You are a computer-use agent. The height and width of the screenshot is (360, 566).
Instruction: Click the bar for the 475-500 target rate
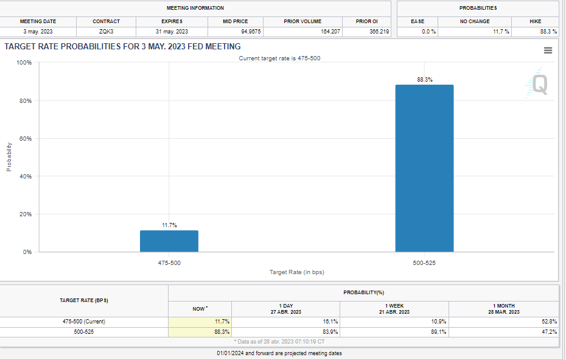[169, 241]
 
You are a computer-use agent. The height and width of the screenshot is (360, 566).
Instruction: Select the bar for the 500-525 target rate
[424, 168]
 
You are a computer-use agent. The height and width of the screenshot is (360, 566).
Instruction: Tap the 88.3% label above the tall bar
[425, 80]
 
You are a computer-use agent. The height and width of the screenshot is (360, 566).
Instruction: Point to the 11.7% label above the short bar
[169, 225]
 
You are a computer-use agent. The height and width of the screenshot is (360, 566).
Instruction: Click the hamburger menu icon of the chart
[548, 51]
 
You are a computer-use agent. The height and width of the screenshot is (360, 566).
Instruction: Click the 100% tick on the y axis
[24, 63]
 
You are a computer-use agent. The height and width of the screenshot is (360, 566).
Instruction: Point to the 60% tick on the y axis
[26, 139]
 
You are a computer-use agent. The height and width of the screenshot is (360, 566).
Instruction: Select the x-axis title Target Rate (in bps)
[297, 272]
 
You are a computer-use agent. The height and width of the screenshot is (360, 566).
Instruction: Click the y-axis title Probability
[9, 157]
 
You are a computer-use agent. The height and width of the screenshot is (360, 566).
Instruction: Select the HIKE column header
[535, 21]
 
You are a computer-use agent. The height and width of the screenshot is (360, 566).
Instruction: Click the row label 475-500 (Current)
[83, 321]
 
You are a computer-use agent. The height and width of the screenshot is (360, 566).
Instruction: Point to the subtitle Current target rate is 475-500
[279, 58]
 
